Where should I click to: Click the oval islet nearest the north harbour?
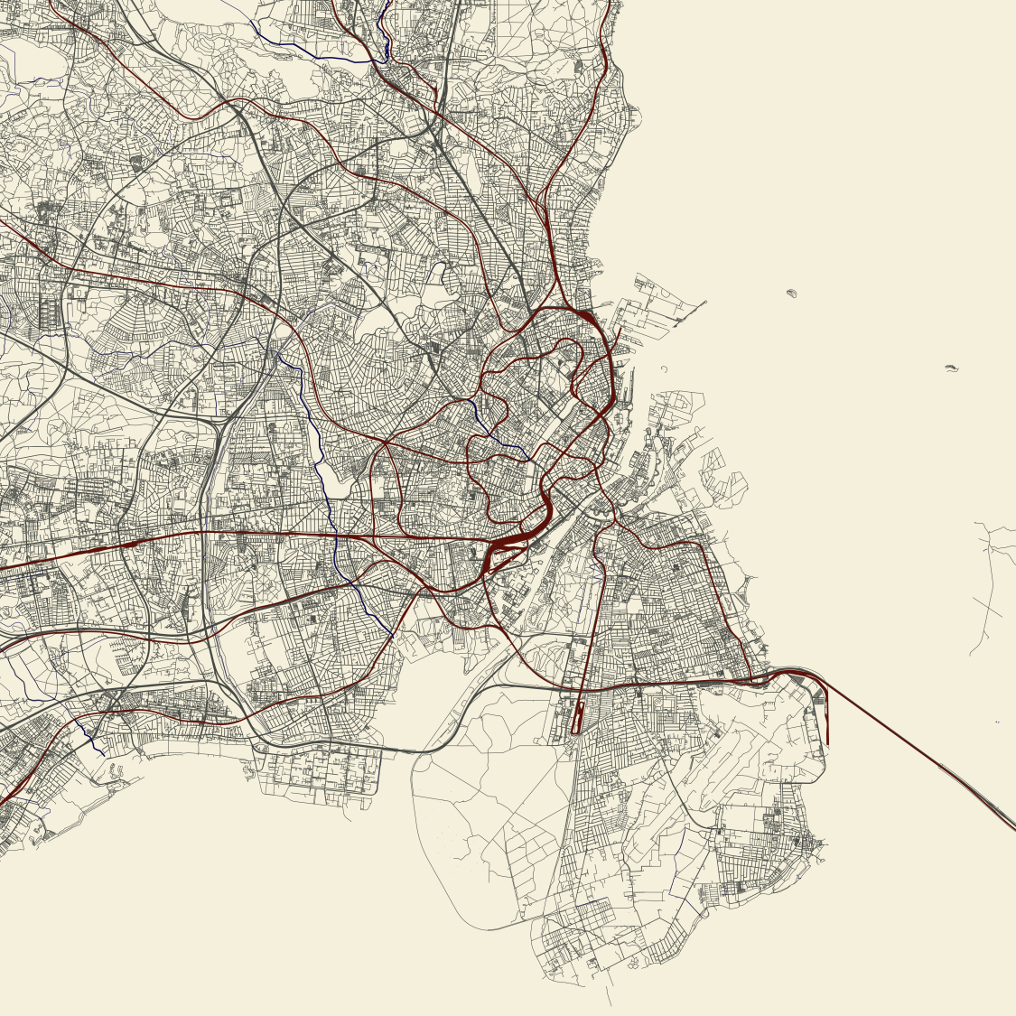point(793,293)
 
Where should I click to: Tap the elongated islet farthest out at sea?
point(950,368)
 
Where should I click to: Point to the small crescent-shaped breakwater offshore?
point(664,368)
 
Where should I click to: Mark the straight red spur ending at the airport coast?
point(827,722)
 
